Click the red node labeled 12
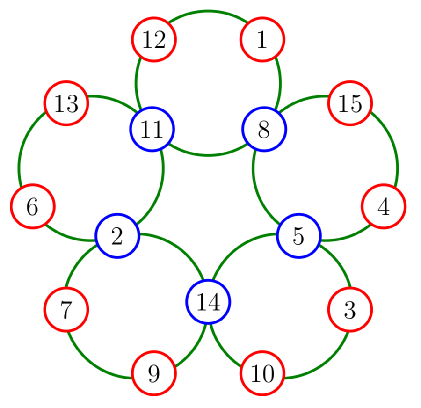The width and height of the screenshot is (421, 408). pos(153,40)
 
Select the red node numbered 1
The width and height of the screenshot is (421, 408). pos(262,40)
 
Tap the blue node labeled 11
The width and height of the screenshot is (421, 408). pos(152,129)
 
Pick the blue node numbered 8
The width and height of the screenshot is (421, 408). pos(264,129)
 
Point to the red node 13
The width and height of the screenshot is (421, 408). pos(66,103)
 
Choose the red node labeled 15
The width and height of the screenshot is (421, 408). pos(350,103)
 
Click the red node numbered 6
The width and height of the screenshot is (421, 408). pos(33,206)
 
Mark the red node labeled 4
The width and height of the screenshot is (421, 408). pos(384,206)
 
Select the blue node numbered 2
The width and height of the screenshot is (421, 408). pos(117,236)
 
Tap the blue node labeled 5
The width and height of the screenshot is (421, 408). pos(298,236)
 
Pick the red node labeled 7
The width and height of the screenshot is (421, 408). pos(66,309)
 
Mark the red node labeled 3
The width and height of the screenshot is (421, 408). pos(350,309)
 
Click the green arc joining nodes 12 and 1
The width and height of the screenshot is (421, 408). pos(208,11)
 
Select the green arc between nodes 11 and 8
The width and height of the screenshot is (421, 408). pos(208,155)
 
